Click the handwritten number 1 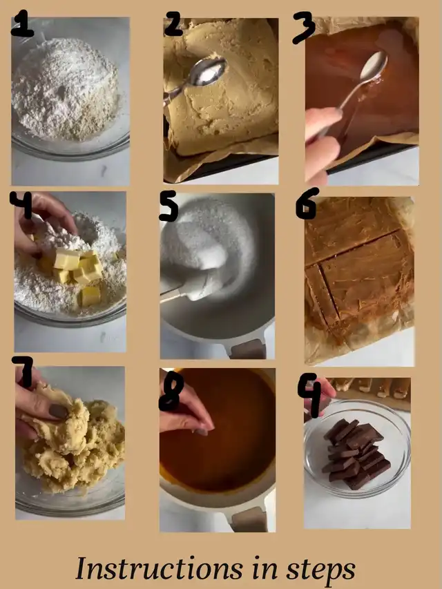(22, 23)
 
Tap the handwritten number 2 (173, 23)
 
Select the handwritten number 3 (304, 27)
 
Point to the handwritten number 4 (21, 204)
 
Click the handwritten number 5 (169, 206)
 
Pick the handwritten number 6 (307, 204)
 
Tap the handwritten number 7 (23, 371)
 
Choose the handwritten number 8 (171, 393)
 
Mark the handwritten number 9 (311, 395)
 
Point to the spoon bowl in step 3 (373, 66)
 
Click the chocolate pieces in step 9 (356, 454)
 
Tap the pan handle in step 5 (248, 349)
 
